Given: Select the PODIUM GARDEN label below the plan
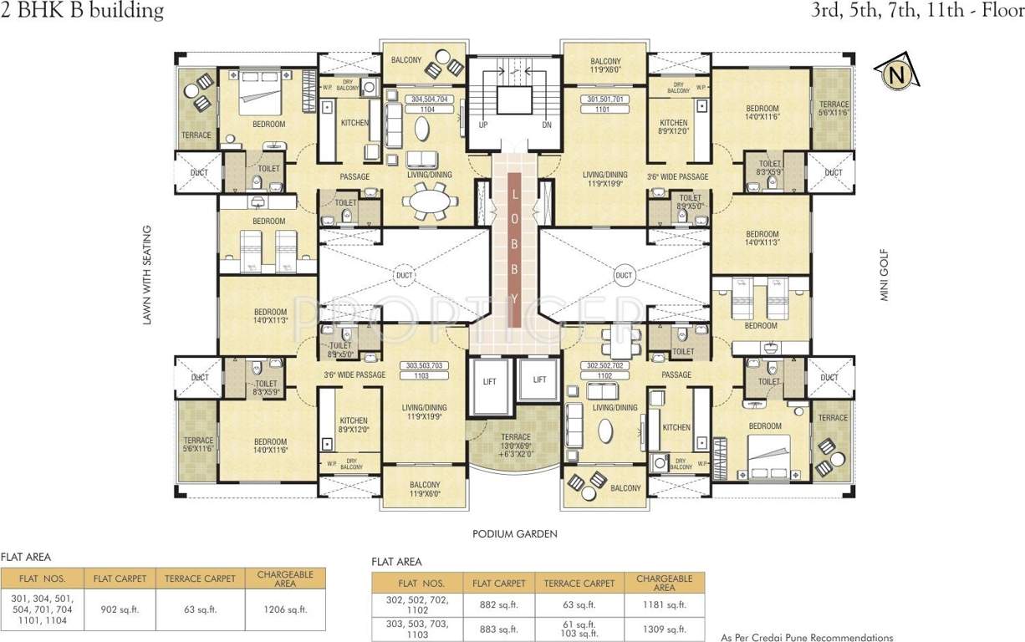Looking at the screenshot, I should pos(514,534).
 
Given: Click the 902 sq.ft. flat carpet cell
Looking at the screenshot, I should pos(123,609).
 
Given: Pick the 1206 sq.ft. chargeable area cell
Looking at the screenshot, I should pos(284,609).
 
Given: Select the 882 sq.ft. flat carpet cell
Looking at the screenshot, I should pos(498,604).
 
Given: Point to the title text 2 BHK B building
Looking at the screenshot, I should pos(82,11).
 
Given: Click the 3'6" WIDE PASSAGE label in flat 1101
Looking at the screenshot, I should pos(677,176).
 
